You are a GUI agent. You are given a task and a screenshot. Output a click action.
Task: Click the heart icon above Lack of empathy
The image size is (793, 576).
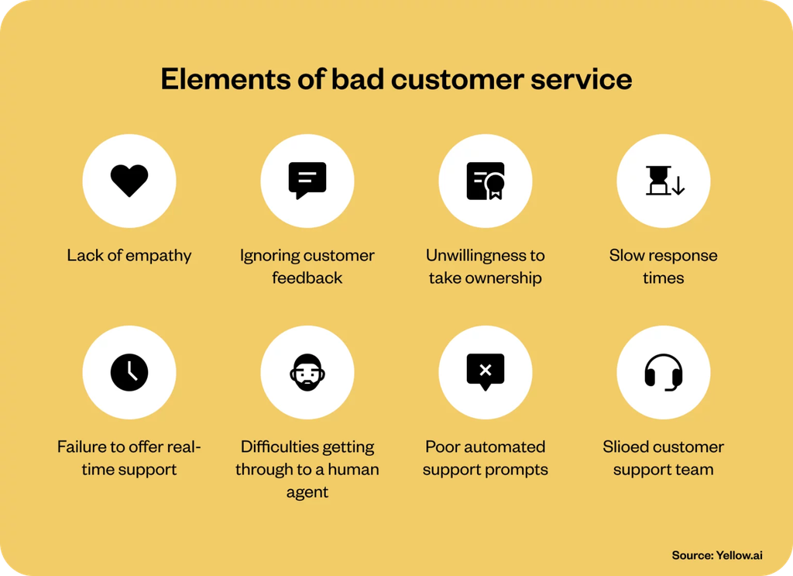(129, 181)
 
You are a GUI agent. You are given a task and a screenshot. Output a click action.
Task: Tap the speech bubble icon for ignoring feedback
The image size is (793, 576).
(307, 181)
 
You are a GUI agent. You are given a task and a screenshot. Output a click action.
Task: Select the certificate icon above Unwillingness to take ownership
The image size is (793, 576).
(486, 181)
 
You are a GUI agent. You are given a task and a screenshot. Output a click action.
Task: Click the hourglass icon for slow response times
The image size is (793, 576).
(664, 181)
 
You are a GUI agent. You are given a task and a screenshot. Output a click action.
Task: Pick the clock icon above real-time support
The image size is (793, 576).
(129, 372)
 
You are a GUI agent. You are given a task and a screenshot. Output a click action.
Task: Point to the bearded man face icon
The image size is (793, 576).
(307, 372)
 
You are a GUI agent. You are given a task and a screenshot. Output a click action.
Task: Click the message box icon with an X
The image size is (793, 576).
(486, 371)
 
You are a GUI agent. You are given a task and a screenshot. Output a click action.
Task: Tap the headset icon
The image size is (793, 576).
(664, 372)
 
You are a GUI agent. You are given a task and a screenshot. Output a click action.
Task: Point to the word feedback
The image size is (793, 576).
(307, 278)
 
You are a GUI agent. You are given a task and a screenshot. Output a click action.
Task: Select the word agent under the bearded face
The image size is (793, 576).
(307, 492)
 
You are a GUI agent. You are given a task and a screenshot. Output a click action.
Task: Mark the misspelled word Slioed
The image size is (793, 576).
(627, 447)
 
